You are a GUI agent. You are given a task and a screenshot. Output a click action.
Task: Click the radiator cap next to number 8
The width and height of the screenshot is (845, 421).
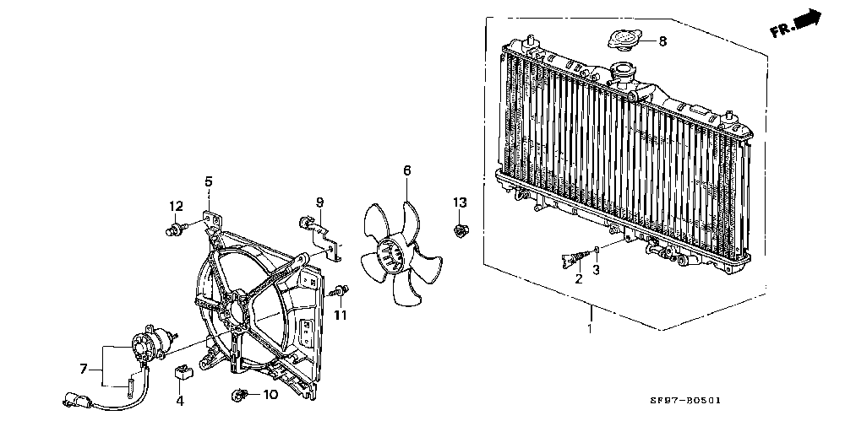[624, 40]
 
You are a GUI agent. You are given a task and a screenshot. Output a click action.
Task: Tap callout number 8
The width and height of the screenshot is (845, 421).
[662, 40]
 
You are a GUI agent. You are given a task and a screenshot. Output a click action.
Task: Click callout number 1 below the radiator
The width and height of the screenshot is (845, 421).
[590, 328]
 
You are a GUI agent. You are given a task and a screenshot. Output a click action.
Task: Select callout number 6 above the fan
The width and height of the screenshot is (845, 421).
[407, 170]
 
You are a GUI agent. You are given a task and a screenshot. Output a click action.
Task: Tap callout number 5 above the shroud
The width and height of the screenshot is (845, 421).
[209, 181]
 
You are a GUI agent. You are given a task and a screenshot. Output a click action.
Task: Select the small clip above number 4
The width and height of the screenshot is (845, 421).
[181, 373]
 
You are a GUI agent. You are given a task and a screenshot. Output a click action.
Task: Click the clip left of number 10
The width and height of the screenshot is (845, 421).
[239, 396]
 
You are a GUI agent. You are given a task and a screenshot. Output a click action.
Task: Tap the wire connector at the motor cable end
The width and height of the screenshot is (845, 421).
[77, 399]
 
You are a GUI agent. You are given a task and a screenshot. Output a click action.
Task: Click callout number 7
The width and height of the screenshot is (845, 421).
[84, 370]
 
